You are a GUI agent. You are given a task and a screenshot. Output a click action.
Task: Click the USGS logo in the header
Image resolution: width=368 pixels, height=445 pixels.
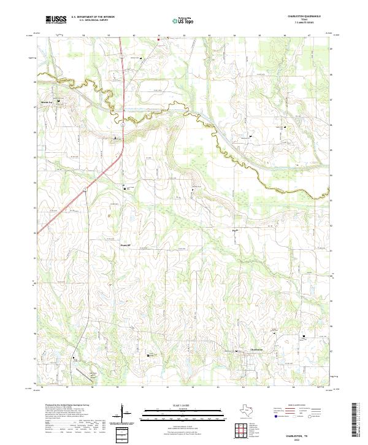point(56,20)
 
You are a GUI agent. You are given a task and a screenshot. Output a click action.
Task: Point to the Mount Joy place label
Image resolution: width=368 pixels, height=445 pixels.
point(47,102)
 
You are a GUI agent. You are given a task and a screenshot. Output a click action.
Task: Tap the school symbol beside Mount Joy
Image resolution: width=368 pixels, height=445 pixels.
point(58,101)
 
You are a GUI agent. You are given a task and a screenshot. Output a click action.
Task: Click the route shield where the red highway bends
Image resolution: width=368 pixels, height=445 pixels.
point(123,125)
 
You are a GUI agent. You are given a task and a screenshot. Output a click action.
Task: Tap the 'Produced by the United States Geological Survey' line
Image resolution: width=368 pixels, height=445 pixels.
point(58,406)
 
